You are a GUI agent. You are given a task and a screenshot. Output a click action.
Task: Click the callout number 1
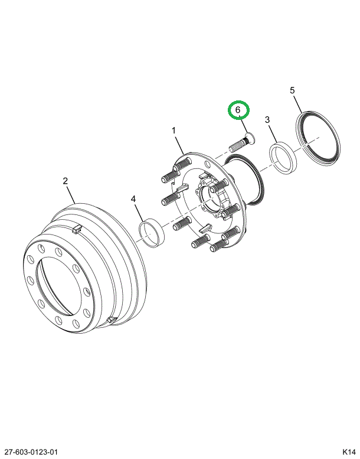click(x=174, y=129)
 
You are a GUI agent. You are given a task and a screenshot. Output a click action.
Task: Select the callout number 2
click(x=66, y=181)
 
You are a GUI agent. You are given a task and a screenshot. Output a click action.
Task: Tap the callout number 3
click(x=267, y=120)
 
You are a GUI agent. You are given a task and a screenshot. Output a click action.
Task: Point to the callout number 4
click(x=134, y=200)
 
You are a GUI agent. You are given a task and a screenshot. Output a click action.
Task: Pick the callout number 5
click(x=292, y=90)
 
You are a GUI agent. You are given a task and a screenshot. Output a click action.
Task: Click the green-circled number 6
click(x=239, y=110)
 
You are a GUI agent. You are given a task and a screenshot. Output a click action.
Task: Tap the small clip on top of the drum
click(x=76, y=229)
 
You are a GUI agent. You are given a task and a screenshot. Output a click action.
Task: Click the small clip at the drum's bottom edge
click(x=111, y=320)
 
